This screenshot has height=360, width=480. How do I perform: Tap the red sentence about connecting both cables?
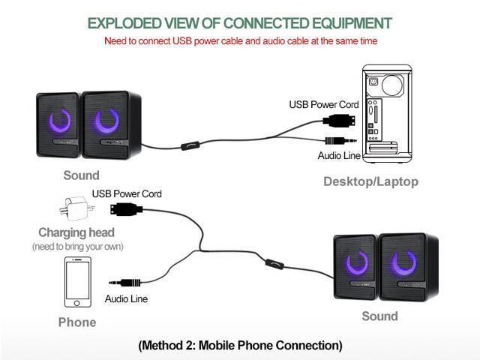(240, 40)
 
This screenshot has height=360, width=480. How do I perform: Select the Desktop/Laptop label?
(370, 181)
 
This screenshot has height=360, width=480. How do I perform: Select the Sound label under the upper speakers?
(81, 175)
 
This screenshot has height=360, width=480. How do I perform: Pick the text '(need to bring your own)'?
(77, 247)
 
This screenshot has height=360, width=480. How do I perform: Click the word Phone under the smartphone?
(77, 322)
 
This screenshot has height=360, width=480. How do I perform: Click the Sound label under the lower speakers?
(379, 316)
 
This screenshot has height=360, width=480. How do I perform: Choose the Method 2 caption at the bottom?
(240, 345)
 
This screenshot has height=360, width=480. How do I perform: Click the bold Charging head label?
(77, 232)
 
